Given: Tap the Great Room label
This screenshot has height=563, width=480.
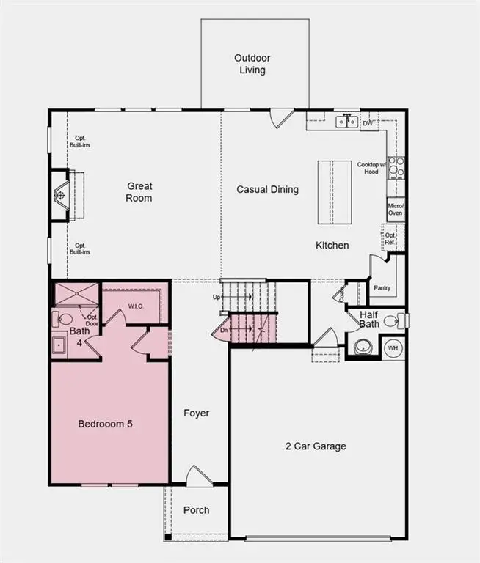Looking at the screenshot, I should point(139,192).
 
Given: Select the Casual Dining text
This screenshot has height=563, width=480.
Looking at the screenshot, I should point(267,189).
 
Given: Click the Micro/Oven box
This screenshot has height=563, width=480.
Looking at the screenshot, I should point(396,208).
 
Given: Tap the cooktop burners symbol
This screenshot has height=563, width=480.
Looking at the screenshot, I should point(396,168).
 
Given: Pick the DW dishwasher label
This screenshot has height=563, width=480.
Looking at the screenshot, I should point(367,123).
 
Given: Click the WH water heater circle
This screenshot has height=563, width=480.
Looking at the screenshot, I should point(393,346).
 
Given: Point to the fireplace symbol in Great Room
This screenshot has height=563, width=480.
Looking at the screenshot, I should point(61,195).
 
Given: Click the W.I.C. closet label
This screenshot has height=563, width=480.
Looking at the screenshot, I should point(135,305).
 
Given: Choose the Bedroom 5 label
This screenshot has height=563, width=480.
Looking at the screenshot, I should point(106,424).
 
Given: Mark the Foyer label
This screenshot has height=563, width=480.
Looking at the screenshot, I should point(196,413).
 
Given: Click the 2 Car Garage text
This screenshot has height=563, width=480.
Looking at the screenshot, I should point(316,446).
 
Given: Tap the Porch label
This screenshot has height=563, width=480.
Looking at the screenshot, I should point(196,510).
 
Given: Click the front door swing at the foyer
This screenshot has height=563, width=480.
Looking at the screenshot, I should point(196,475).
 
